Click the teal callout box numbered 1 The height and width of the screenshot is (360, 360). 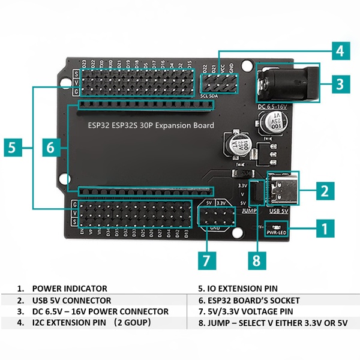[x=324, y=228]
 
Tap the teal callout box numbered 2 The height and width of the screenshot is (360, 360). [x=324, y=191]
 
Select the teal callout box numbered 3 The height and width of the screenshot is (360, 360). [x=340, y=83]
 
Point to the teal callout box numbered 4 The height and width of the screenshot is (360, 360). [x=340, y=51]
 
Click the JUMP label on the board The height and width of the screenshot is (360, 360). [x=249, y=211]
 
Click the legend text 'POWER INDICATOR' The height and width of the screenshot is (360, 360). [x=70, y=289]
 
